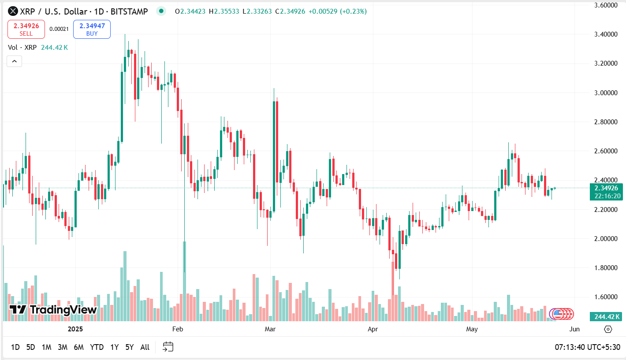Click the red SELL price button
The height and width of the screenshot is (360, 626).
tap(26, 29)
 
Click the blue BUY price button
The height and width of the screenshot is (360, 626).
tap(92, 29)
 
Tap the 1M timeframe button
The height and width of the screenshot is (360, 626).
tap(46, 347)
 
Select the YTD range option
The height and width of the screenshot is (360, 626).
tap(97, 347)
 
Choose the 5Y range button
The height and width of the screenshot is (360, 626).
tap(129, 347)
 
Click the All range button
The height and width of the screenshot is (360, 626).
tap(145, 347)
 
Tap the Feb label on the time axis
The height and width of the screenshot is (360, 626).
tap(177, 329)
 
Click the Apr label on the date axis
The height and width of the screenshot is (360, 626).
tap(373, 329)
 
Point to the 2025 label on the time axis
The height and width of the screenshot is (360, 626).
tap(75, 329)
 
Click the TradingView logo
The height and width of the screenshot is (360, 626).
tap(53, 310)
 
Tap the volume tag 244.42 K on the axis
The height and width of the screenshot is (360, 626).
tap(607, 316)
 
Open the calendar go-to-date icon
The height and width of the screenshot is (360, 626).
tap(168, 347)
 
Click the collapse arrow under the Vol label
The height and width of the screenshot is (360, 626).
tap(14, 61)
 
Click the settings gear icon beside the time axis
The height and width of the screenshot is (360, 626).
tap(608, 329)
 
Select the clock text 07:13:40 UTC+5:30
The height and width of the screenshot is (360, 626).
tap(587, 347)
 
